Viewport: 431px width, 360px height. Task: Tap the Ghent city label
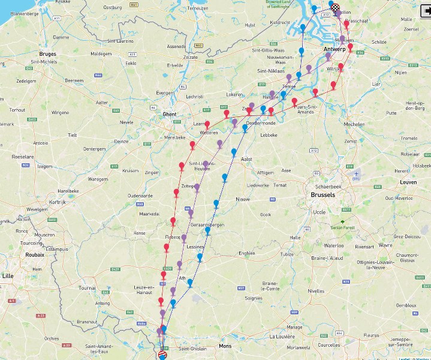[169, 113]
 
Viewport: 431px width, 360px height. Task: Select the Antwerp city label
[334, 49]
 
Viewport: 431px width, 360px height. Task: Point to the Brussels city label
[323, 195]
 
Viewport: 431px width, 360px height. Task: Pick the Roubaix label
[34, 254]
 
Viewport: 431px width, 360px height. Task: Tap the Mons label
[225, 347]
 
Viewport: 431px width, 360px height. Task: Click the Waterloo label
[333, 245]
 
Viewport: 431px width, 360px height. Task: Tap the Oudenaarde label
[140, 196]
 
